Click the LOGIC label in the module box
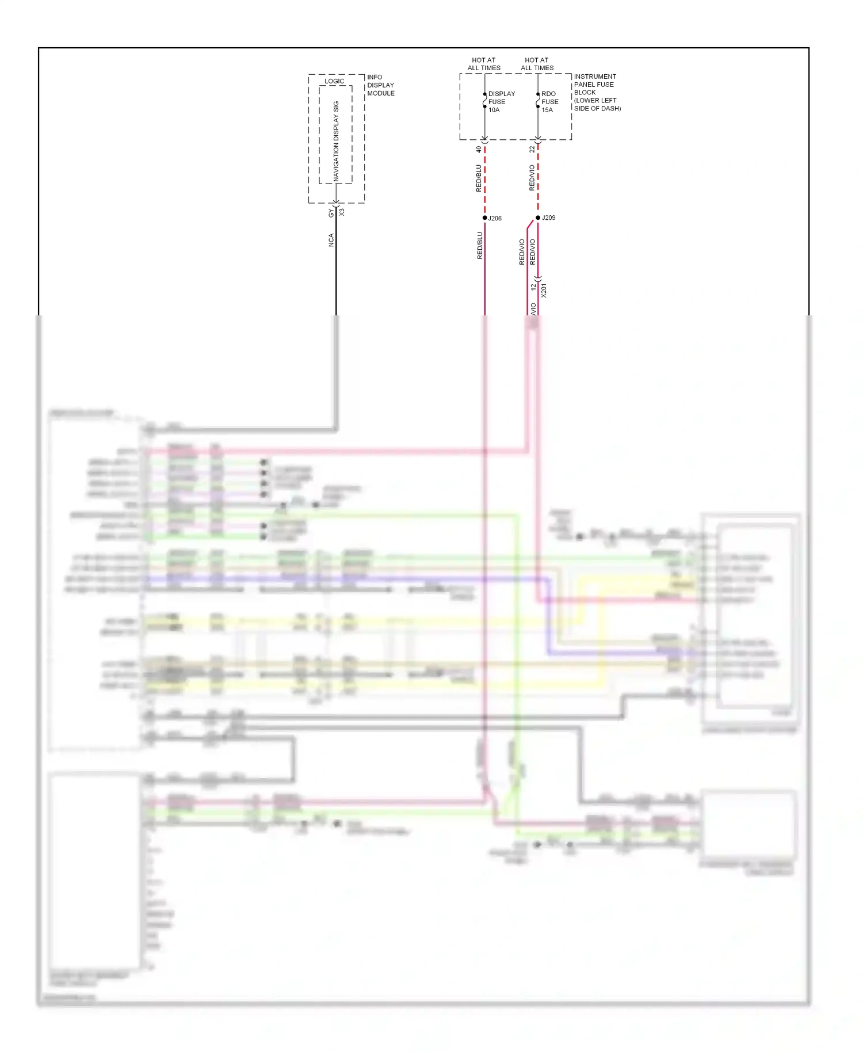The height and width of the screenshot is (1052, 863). coord(334,81)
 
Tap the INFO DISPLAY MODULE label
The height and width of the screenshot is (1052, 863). coord(380,85)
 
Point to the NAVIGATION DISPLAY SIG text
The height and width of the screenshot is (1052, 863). coord(336,142)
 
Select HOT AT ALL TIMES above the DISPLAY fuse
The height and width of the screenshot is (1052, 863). coord(484,64)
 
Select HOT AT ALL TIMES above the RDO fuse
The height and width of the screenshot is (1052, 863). coord(537,64)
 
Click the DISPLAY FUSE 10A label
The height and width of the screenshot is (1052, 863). coord(501,102)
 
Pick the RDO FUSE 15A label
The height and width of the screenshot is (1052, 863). coord(549,102)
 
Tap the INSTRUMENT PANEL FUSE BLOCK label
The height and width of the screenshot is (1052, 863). coord(597,92)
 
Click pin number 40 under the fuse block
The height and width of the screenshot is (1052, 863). coord(479,149)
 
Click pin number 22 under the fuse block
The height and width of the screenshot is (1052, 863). coord(532,149)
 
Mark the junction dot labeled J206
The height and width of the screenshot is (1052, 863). coord(485,218)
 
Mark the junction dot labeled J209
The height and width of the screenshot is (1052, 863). coord(538,218)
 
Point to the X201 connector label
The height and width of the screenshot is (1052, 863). coord(544,290)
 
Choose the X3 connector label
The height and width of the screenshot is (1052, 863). coord(342,212)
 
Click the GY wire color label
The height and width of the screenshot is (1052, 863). coord(331,214)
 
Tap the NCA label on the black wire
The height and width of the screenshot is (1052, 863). coord(331,240)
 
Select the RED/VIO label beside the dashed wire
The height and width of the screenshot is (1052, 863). coord(532,178)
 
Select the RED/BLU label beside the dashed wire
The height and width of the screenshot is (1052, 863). coord(479,178)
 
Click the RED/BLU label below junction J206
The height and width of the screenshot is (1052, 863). coord(480,246)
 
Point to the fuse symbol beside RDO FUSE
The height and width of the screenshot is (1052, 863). coord(538,101)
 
